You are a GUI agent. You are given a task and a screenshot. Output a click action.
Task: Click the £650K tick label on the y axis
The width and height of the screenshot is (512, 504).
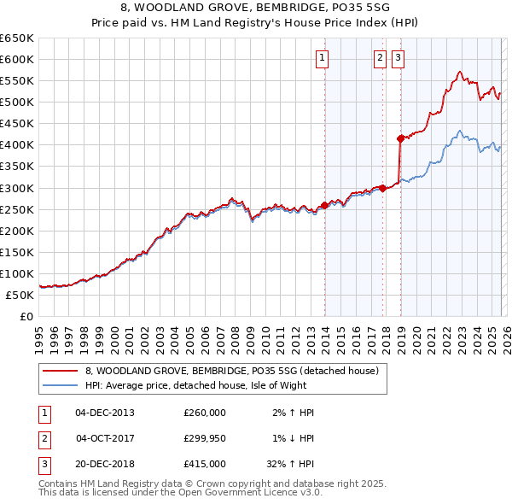pyautogui.click(x=17, y=38)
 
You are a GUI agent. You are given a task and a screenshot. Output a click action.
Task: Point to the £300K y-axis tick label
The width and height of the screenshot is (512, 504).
pyautogui.click(x=17, y=188)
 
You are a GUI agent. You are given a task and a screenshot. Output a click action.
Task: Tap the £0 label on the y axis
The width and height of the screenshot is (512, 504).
pyautogui.click(x=26, y=316)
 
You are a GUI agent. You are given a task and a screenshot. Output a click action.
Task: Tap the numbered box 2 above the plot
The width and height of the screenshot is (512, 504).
pyautogui.click(x=380, y=58)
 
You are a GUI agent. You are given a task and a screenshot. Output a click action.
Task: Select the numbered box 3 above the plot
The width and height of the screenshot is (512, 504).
pyautogui.click(x=399, y=58)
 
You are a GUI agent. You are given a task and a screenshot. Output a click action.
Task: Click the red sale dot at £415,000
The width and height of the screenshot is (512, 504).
pyautogui.click(x=400, y=138)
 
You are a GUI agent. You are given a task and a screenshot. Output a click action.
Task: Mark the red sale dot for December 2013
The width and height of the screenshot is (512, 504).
pyautogui.click(x=324, y=205)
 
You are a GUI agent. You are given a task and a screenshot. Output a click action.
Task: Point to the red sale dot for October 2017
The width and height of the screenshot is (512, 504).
pyautogui.click(x=382, y=188)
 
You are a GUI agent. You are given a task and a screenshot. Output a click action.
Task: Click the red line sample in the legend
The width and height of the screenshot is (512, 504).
pyautogui.click(x=60, y=371)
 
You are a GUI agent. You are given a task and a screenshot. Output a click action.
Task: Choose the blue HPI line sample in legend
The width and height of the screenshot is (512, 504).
pyautogui.click(x=60, y=385)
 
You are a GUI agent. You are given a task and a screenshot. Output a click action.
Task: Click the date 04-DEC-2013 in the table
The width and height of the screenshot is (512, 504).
pyautogui.click(x=105, y=413)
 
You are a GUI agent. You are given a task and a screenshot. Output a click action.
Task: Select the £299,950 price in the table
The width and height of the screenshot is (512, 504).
pyautogui.click(x=205, y=438)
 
